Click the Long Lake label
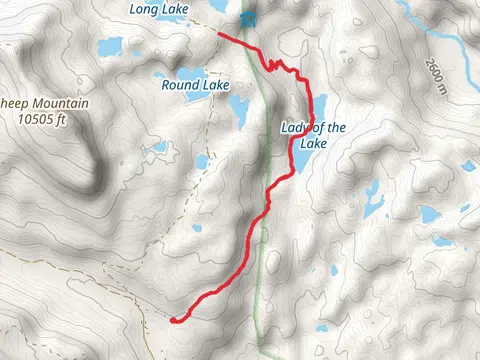tap(160, 9)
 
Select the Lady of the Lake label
tap(313, 134)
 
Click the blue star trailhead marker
tap(247, 20)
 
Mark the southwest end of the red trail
tap(173, 319)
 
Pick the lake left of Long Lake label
tap(110, 46)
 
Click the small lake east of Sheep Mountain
tap(156, 148)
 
